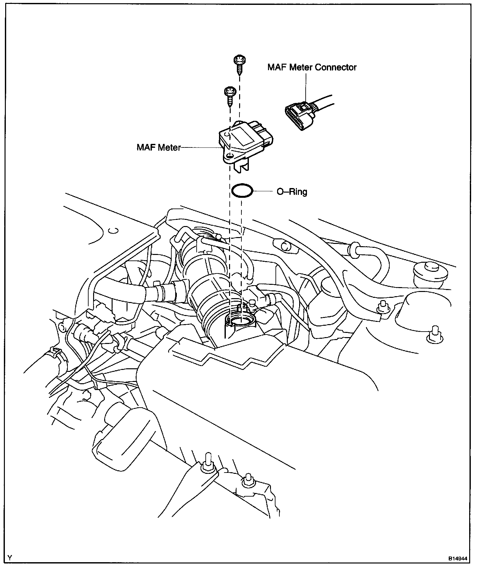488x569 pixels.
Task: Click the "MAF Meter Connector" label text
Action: [312, 67]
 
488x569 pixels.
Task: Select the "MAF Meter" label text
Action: [158, 147]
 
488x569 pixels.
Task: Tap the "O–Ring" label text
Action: [292, 192]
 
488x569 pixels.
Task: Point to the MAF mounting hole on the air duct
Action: [241, 321]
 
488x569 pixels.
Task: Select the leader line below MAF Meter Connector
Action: [306, 88]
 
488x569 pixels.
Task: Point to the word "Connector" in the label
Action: [335, 67]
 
